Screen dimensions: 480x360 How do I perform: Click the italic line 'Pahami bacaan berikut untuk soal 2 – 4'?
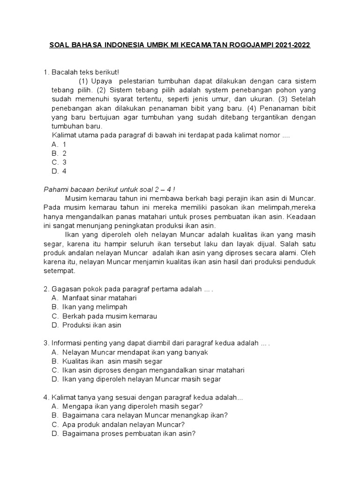tap(109, 189)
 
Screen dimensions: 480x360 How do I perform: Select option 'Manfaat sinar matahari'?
tap(99, 298)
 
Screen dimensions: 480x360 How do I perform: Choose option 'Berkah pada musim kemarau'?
tap(110, 316)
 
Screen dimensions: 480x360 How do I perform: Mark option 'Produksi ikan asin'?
tap(92, 325)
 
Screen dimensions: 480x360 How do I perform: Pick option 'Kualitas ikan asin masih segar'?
tap(112, 361)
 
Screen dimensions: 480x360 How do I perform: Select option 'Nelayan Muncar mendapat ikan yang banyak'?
tap(135, 352)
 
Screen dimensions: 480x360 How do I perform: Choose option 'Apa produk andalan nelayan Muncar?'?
tap(124, 424)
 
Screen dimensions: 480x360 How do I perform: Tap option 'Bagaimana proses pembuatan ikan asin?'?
tap(128, 434)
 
